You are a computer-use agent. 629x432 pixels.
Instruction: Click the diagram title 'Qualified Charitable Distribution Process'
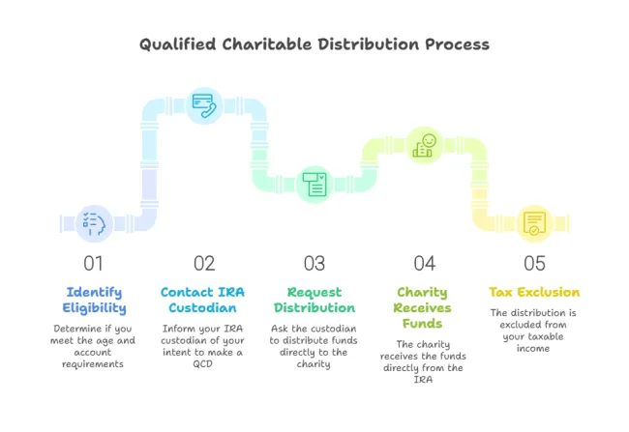[314, 44]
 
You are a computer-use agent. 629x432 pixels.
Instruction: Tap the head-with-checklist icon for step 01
[94, 223]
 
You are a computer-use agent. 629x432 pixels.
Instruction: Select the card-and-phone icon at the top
[204, 105]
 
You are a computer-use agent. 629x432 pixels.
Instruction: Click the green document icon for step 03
[314, 185]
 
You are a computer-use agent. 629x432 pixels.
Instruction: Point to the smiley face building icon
[425, 145]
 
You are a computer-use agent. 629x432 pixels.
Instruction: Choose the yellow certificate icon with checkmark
[534, 223]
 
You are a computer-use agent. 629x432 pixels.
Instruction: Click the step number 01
[93, 264]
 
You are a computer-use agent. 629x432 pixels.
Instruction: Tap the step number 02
[204, 264]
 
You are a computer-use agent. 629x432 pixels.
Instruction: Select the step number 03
[314, 264]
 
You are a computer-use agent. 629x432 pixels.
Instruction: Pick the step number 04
[425, 264]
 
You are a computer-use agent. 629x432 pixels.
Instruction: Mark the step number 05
[534, 264]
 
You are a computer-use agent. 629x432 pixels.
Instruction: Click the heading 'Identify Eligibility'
[94, 301]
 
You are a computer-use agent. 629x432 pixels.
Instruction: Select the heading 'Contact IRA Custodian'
[202, 300]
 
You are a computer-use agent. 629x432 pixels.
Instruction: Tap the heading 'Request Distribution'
[314, 301]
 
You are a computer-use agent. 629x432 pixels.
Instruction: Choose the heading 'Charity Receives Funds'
[423, 307]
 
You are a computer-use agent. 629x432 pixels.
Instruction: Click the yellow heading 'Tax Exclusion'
[534, 292]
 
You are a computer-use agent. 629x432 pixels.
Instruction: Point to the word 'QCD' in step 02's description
[202, 364]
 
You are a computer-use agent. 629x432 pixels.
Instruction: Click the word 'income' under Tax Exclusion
[533, 348]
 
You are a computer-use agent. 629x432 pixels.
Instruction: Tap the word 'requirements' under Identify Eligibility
[93, 364]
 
